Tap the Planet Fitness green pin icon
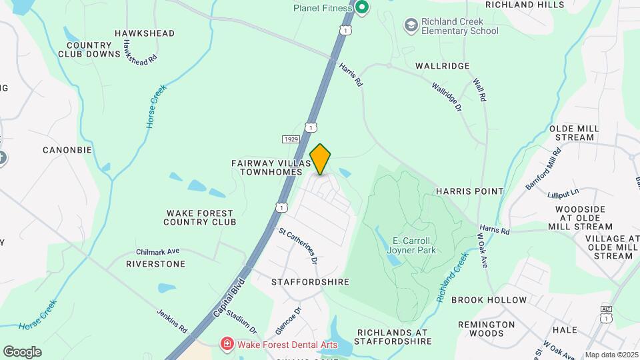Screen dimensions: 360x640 point(362,9)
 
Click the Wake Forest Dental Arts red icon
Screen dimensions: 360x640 point(227,344)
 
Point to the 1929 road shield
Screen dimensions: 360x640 point(290,139)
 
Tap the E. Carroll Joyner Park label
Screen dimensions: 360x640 point(413,245)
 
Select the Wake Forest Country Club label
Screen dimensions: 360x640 point(200,217)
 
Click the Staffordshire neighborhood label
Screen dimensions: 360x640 point(311,282)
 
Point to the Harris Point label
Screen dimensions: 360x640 point(470,191)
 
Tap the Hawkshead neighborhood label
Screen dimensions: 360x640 point(144,33)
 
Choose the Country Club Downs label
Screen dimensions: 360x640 point(89,49)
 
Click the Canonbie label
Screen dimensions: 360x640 point(67,150)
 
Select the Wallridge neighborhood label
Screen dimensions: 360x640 point(443,66)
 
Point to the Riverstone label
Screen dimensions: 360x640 point(155,264)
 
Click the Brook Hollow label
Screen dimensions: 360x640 point(489,301)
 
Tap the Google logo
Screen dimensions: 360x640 point(22,352)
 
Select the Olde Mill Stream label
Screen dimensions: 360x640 point(571,133)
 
